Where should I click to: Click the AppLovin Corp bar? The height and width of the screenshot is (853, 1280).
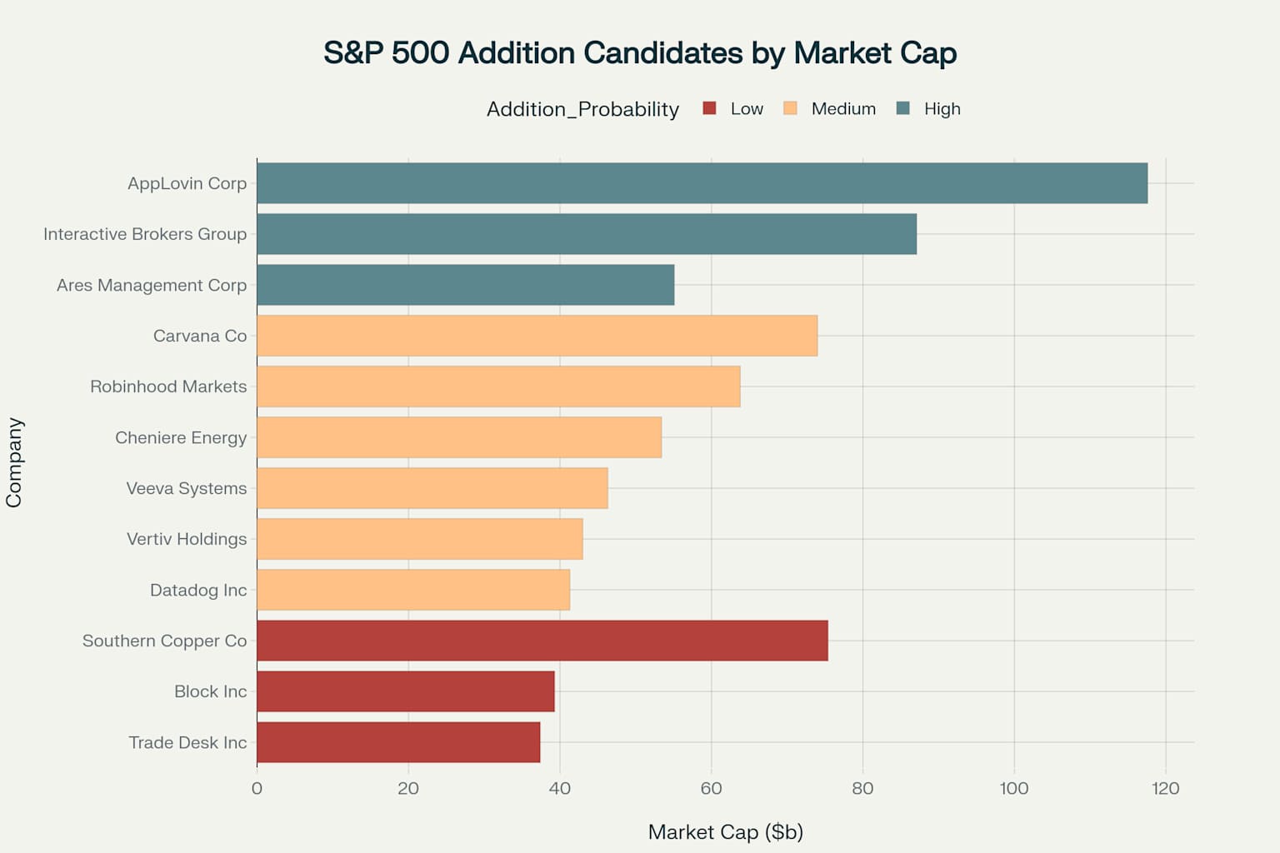point(702,183)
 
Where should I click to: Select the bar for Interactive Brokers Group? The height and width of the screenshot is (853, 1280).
point(587,234)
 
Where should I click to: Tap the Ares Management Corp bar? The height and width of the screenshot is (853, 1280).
point(465,285)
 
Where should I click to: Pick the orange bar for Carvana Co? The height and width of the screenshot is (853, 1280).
point(537,336)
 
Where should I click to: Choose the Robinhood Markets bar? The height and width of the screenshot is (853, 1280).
point(498,387)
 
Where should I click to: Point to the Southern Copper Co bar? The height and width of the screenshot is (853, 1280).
point(542,641)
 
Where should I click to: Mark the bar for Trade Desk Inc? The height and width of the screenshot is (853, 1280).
point(398,742)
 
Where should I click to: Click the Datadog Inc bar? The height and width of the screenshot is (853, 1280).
point(413,590)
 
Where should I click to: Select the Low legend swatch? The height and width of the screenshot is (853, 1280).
point(710,108)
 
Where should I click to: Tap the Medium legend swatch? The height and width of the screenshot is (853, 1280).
point(791,108)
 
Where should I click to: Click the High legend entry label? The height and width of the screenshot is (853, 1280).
point(942,109)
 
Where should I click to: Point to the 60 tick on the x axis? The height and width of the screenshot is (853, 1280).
point(711,788)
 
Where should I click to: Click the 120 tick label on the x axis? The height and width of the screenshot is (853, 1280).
point(1165,788)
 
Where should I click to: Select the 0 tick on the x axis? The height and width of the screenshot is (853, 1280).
point(257,788)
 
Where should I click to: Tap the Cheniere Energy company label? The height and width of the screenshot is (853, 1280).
point(181,437)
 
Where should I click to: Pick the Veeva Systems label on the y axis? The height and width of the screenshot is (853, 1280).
point(187,488)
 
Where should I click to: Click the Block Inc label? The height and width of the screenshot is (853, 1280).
point(210,691)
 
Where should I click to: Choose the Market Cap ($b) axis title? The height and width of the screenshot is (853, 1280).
point(725,832)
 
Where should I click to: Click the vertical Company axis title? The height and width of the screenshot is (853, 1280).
point(14,462)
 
